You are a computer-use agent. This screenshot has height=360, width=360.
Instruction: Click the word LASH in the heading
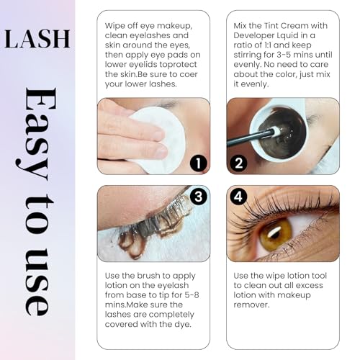[x=35, y=37]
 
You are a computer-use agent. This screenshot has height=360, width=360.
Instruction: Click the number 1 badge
[x=198, y=163]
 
